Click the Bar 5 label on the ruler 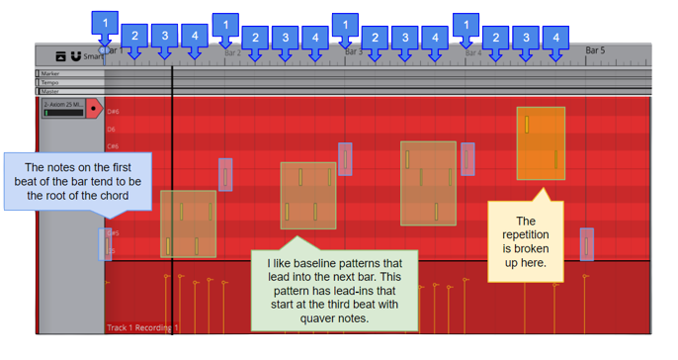[x=595, y=49]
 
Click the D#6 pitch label [x=113, y=112]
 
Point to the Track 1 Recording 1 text [x=142, y=327]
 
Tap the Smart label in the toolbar [x=94, y=57]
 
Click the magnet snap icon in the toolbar [x=75, y=56]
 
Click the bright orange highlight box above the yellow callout [x=541, y=143]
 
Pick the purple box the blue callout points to [x=106, y=243]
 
